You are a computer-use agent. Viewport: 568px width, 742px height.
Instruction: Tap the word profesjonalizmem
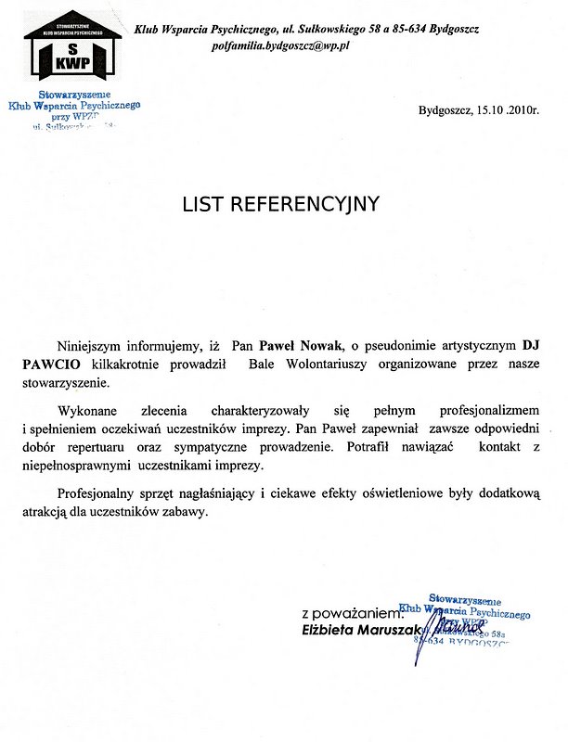[x=484, y=409]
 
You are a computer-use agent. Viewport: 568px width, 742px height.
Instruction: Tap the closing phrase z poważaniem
[x=354, y=614]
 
